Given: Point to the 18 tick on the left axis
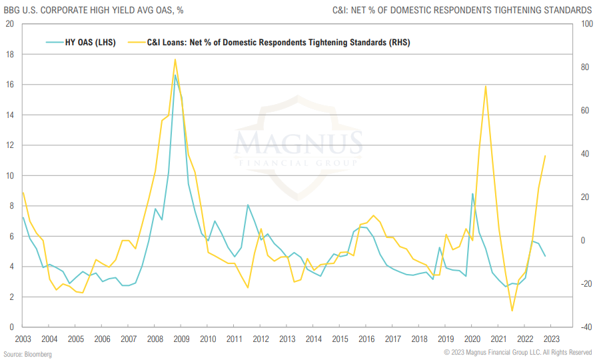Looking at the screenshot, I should tap(9, 55).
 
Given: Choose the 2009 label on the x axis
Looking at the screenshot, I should tap(181, 339).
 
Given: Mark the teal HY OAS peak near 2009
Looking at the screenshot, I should tap(175, 75).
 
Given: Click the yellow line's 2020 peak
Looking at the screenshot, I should tap(485, 85).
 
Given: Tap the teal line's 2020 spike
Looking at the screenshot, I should tap(472, 194).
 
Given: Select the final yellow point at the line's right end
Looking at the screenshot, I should tap(545, 156).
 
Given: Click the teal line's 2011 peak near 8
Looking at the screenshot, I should tap(247, 205).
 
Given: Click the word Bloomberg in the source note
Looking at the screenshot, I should tap(39, 354).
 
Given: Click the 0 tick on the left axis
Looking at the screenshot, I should tap(12, 327).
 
